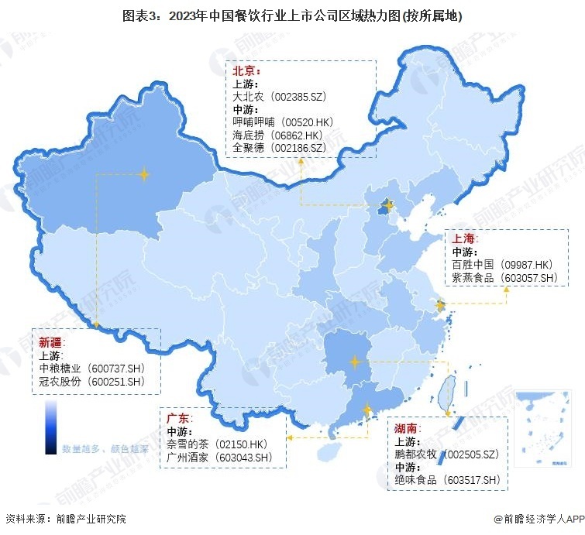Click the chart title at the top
pyautogui.click(x=292, y=15)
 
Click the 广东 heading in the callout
pyautogui.click(x=178, y=418)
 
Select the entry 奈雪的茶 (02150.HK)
pyautogui.click(x=217, y=444)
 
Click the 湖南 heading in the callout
pyautogui.click(x=408, y=428)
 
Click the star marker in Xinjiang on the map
pyautogui.click(x=143, y=175)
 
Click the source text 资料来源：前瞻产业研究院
pyautogui.click(x=66, y=519)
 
